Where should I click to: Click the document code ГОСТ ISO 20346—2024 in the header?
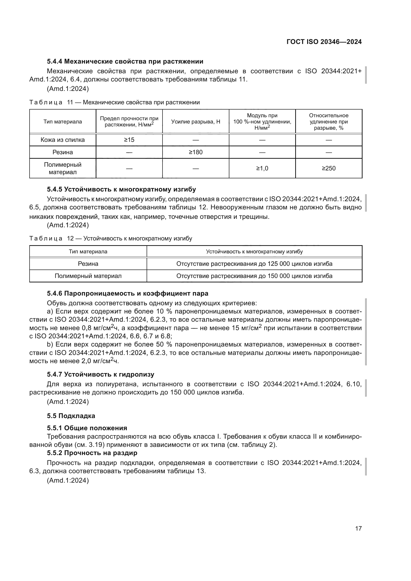324,42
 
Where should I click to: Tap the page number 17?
358,528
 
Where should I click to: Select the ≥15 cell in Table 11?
129,140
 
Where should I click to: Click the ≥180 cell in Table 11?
196,152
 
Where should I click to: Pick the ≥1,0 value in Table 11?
262,168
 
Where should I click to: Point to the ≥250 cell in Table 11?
329,168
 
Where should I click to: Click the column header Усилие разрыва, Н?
196,122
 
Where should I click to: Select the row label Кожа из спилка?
63,140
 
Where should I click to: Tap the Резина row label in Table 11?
63,152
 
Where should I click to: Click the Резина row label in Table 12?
88,264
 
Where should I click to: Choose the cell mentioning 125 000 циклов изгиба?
254,264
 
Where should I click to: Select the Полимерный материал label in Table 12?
88,276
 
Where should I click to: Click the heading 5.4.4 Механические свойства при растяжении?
125,62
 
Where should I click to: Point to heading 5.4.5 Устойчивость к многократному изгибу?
121,190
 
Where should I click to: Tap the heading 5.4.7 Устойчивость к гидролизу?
100,375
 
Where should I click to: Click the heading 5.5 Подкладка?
71,416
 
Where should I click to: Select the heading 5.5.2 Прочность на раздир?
92,453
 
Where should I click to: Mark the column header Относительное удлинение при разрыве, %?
329,122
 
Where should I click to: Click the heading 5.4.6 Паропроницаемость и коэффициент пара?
127,294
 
